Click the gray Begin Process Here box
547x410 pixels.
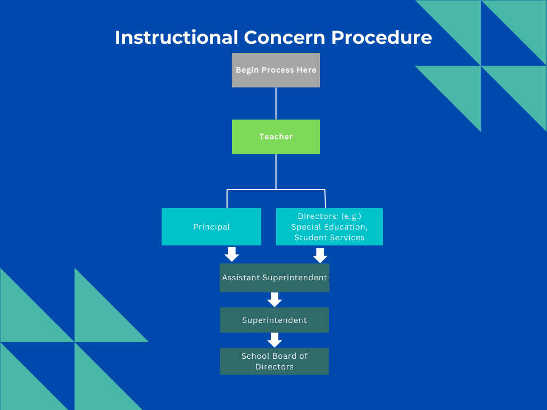[x=276, y=70]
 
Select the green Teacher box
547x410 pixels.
[x=276, y=137]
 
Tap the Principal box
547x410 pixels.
[x=212, y=227]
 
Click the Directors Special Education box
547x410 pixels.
[x=329, y=227]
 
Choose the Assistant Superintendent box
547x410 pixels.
[x=275, y=278]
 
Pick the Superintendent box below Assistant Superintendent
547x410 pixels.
[x=275, y=320]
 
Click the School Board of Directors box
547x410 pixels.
[x=275, y=361]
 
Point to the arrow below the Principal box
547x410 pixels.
[x=232, y=254]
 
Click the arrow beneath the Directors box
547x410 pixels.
[x=320, y=255]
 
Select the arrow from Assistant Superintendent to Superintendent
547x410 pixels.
[x=275, y=299]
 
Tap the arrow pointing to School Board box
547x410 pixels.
[x=275, y=340]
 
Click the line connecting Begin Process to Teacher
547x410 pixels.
[x=276, y=103]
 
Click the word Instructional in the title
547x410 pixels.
[x=176, y=37]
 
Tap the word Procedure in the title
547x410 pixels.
[x=381, y=37]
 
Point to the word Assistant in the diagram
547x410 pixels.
[x=241, y=278]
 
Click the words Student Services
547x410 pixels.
[x=329, y=238]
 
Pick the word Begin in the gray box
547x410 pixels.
[x=247, y=70]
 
